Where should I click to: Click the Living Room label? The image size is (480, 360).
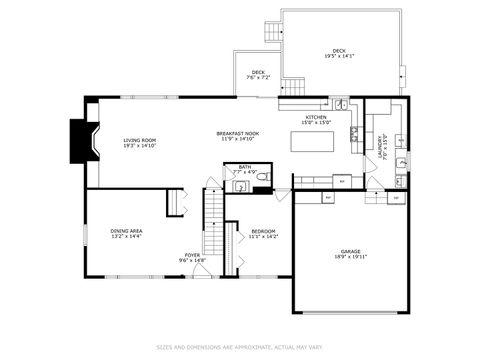tap(140, 139)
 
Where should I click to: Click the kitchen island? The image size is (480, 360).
tap(311, 142)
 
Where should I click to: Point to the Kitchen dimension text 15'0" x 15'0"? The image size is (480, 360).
tap(316, 123)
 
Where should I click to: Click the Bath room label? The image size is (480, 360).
tap(244, 167)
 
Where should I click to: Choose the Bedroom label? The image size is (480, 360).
tap(264, 232)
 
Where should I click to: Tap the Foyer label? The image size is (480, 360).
tap(193, 255)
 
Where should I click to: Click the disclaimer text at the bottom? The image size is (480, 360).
tap(240, 348)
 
